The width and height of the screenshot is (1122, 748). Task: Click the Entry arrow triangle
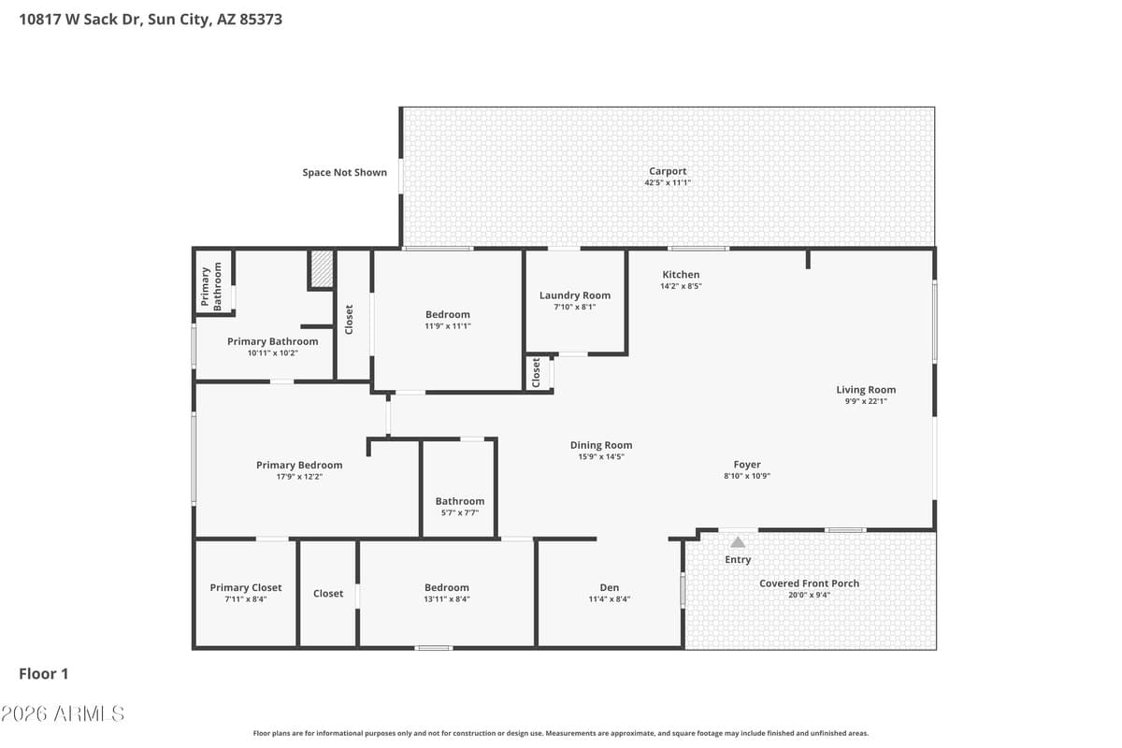click(738, 542)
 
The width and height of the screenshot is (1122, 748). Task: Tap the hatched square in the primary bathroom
click(322, 269)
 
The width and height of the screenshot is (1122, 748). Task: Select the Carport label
click(668, 171)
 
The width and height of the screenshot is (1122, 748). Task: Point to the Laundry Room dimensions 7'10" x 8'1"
click(574, 307)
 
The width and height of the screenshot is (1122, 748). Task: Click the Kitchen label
click(681, 275)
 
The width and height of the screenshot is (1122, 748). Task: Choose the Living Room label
click(866, 390)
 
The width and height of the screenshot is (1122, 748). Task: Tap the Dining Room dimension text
click(601, 456)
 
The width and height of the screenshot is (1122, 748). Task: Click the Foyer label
click(747, 465)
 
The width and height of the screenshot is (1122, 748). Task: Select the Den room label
click(609, 587)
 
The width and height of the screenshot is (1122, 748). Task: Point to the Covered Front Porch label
click(809, 583)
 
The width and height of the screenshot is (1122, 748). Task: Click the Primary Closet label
click(245, 588)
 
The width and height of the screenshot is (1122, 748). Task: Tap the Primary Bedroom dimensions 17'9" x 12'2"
click(299, 477)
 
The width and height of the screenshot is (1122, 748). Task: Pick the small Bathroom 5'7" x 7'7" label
click(460, 501)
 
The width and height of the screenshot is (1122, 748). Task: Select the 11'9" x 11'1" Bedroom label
click(448, 314)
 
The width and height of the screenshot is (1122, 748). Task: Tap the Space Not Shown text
click(345, 172)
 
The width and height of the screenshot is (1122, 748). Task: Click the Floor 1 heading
click(44, 674)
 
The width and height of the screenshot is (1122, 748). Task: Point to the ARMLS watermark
click(63, 714)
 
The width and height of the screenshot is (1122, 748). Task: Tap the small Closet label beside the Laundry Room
click(536, 372)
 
